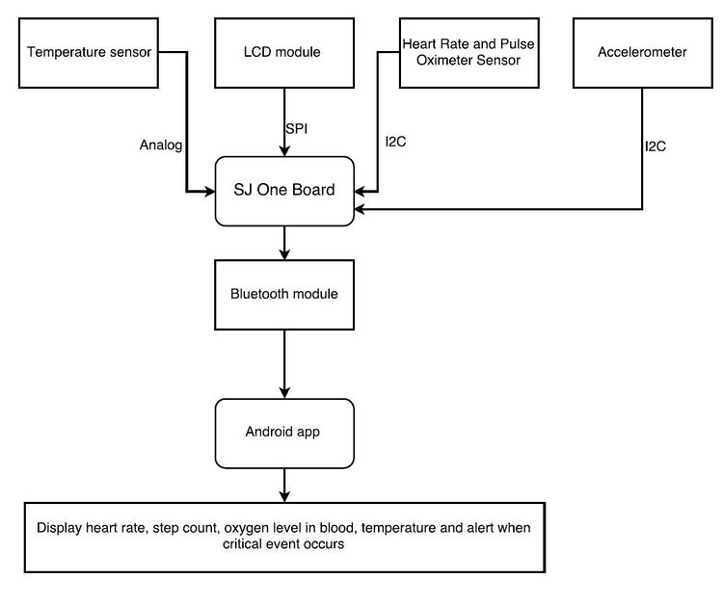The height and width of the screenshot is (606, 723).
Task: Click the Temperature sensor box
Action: [89, 53]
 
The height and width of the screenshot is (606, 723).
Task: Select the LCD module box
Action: [284, 53]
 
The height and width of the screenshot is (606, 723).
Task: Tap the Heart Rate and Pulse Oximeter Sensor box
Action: [469, 53]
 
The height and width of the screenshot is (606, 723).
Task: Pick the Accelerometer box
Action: [643, 53]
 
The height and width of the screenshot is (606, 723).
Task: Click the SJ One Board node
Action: [284, 192]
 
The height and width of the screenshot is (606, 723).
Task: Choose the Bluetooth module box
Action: [284, 295]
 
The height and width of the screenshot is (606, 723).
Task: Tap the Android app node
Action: [284, 434]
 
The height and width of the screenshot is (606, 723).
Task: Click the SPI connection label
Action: [297, 128]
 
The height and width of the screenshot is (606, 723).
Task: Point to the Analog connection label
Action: [161, 145]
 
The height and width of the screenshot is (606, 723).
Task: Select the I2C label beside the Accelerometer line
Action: [656, 146]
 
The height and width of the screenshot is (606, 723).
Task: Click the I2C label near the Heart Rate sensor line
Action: [395, 142]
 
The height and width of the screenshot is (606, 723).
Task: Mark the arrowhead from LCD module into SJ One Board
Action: [284, 151]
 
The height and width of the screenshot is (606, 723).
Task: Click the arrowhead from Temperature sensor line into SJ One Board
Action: [210, 192]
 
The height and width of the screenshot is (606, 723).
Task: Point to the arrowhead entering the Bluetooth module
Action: [284, 254]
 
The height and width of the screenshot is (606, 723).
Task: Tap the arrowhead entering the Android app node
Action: [284, 393]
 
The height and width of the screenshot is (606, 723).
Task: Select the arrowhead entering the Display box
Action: [284, 497]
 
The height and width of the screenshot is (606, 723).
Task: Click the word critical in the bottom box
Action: [241, 544]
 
